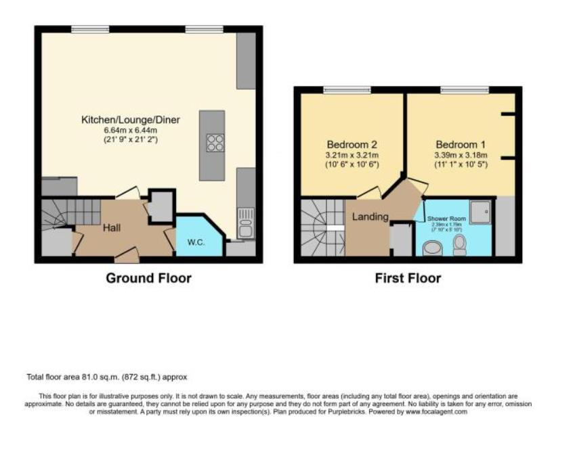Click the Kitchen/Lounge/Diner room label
pyautogui.click(x=130, y=120)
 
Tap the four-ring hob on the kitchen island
pyautogui.click(x=215, y=143)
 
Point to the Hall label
pyautogui.click(x=112, y=229)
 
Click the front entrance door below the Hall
pyautogui.click(x=127, y=255)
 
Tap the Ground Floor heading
pyautogui.click(x=148, y=278)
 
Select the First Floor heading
pyautogui.click(x=408, y=278)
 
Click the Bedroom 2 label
pyautogui.click(x=352, y=145)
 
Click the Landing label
pyautogui.click(x=370, y=216)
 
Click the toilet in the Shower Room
pyautogui.click(x=459, y=244)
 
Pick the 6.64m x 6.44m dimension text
pyautogui.click(x=130, y=130)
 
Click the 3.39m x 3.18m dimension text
pyautogui.click(x=461, y=155)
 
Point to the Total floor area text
pyautogui.click(x=106, y=377)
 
